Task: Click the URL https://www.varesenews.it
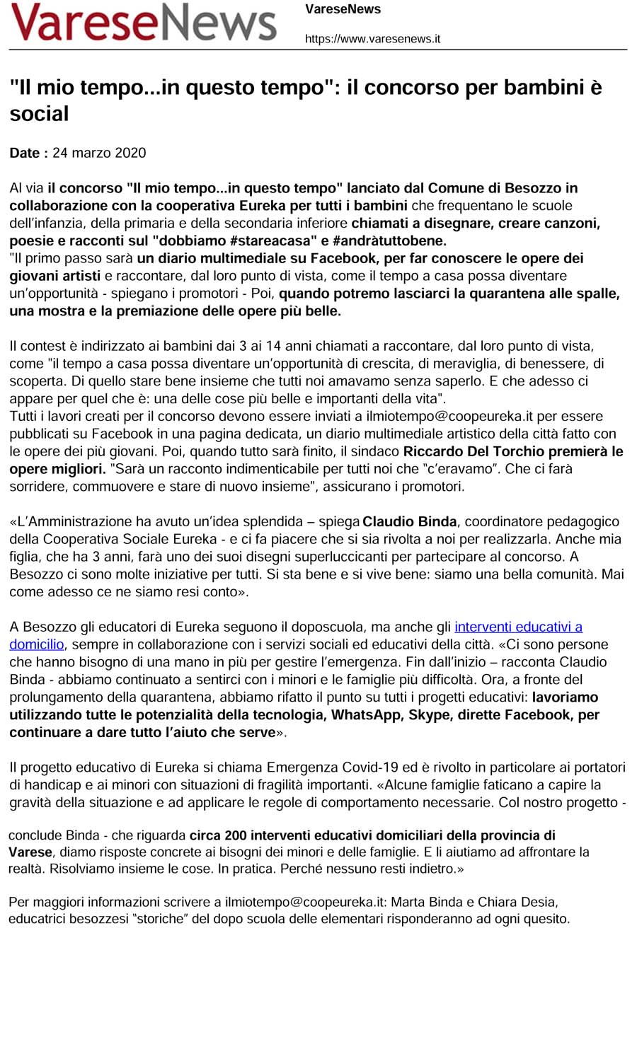tap(372, 39)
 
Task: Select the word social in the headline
tap(39, 114)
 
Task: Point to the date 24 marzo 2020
tap(99, 153)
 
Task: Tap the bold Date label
tap(29, 153)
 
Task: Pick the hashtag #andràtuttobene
tap(391, 240)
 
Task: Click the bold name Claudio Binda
tap(409, 522)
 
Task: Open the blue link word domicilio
tap(37, 644)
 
